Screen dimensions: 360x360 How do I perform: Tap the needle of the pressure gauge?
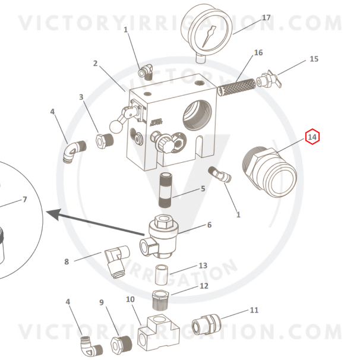click(x=209, y=37)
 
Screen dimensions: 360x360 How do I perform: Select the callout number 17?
click(x=266, y=18)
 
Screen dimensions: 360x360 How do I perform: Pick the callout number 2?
click(x=95, y=64)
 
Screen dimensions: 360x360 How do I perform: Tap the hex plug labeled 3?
click(x=105, y=141)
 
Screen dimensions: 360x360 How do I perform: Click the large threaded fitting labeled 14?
click(x=269, y=172)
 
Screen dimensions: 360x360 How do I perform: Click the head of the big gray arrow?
click(x=54, y=214)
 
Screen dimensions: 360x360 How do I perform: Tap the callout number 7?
click(x=25, y=199)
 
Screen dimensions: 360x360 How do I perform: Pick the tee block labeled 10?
click(x=159, y=333)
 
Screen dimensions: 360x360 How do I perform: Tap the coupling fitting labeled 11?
click(x=206, y=324)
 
